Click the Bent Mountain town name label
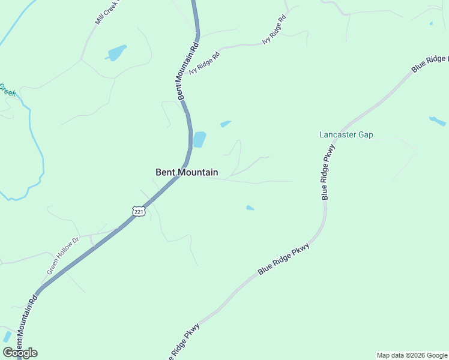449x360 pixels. [187, 172]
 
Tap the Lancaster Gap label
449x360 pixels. [346, 134]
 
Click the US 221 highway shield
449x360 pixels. [139, 212]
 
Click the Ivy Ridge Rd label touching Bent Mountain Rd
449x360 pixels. [205, 62]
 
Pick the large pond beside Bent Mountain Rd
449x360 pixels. [199, 139]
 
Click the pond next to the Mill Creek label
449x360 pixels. [116, 52]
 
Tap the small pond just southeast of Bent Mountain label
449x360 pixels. [250, 208]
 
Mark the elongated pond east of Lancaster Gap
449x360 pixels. [437, 121]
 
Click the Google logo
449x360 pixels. [20, 353]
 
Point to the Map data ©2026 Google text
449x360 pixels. [412, 355]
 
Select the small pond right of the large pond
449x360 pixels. [225, 124]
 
